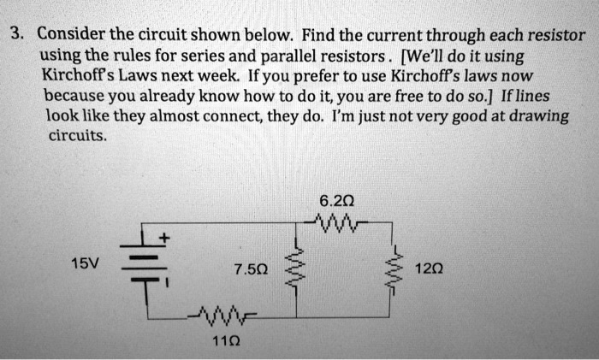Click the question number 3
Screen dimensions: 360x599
pyautogui.click(x=15, y=36)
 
